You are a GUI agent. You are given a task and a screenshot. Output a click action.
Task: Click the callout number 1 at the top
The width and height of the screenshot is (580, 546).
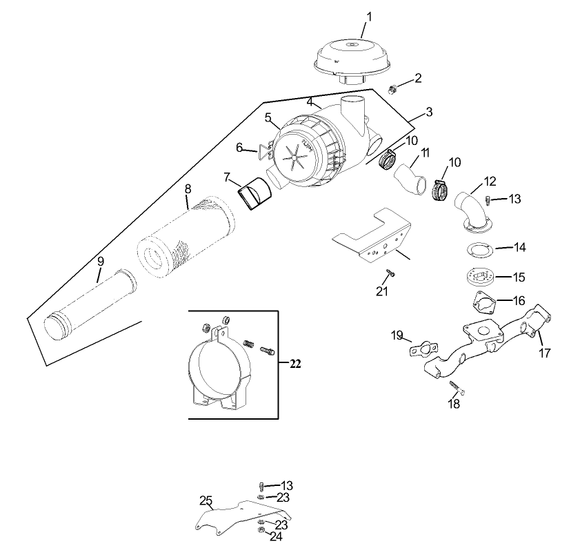tap(368, 15)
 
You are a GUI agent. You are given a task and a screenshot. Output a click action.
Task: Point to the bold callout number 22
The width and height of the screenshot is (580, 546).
tap(295, 364)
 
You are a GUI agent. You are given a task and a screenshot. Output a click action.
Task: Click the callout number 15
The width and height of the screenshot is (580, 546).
tap(519, 277)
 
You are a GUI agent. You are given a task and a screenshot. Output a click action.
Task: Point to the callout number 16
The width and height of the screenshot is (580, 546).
tap(519, 301)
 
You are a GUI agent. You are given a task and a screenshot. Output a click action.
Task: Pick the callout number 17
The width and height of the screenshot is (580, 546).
tap(545, 353)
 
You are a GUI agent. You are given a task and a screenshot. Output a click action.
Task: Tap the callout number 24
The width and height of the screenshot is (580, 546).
tap(276, 536)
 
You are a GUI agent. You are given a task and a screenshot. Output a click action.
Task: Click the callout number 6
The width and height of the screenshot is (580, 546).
tap(240, 147)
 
